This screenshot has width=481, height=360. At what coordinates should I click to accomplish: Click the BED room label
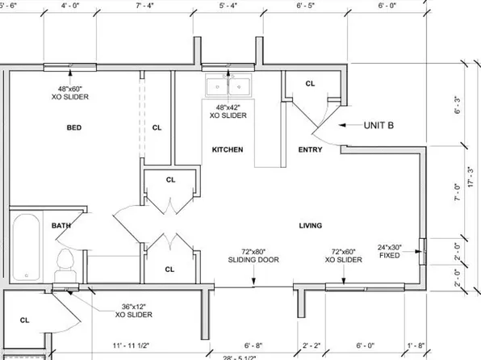click(73, 128)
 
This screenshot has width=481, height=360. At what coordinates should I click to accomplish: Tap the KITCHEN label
click(228, 149)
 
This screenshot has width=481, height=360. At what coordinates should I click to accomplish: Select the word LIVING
click(311, 225)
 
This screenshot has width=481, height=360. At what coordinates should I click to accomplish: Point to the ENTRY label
click(311, 149)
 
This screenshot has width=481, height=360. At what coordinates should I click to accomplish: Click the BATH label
click(61, 225)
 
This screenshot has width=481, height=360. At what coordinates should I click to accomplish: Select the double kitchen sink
click(228, 83)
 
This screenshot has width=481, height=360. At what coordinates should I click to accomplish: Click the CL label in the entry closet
click(311, 83)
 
